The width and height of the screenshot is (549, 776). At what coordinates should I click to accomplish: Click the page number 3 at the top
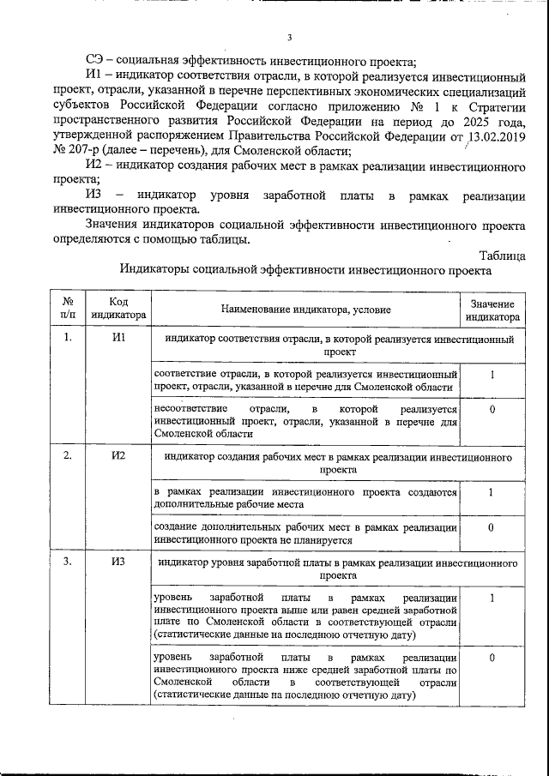290,37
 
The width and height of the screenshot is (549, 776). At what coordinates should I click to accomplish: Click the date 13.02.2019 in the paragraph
493,136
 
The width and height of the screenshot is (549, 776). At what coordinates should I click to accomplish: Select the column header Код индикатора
119,309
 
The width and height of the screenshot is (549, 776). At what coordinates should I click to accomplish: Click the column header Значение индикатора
492,310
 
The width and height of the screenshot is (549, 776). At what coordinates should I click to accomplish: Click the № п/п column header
68,309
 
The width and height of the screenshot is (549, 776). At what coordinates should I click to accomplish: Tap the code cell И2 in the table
119,455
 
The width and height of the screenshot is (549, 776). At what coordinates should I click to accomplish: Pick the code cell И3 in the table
119,562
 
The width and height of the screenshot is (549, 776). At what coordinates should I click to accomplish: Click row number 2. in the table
68,455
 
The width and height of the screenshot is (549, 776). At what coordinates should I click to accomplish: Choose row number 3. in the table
68,562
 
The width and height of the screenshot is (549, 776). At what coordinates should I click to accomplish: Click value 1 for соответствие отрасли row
492,375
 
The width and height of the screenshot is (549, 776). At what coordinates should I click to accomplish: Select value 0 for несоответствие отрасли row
492,409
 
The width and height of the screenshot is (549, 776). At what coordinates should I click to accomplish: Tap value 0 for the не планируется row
492,526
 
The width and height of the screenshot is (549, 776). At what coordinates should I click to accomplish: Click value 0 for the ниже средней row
492,657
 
